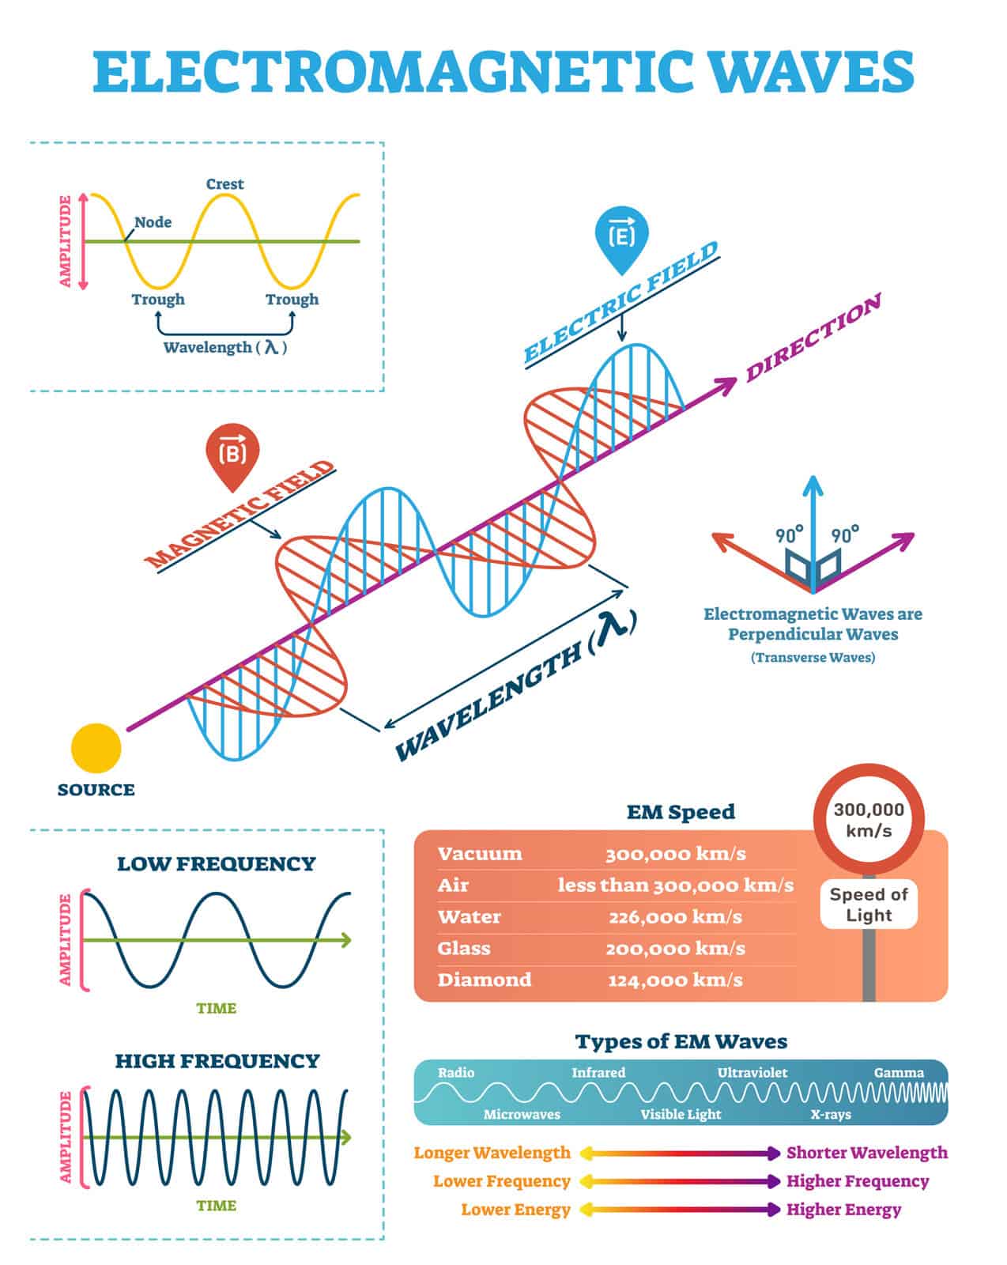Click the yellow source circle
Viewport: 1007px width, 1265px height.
pos(96,748)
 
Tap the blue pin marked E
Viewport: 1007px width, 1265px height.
pos(620,236)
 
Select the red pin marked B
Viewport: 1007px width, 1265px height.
pos(232,453)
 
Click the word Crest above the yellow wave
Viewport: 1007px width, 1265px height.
pos(224,184)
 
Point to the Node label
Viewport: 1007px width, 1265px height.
pos(153,222)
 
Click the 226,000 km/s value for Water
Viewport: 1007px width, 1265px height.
pos(675,917)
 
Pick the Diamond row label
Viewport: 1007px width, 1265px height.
pos(485,980)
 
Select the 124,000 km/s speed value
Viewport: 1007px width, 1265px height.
pos(675,980)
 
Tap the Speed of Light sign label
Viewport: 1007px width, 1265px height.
pos(869,904)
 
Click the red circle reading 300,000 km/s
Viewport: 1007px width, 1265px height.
pos(869,819)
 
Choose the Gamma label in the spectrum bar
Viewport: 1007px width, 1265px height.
pos(899,1073)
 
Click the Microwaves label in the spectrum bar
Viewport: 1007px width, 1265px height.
pos(522,1115)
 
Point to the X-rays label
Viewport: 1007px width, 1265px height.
pos(831,1115)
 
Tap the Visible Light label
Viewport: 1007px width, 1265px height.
pos(681,1115)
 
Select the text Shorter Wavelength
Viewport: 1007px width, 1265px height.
pos(866,1153)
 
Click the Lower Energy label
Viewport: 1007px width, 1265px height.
pos(515,1210)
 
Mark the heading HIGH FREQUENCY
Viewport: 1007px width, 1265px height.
pos(217,1061)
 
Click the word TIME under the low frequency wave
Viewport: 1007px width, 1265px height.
pos(217,1008)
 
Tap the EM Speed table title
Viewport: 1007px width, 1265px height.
pos(681,812)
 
